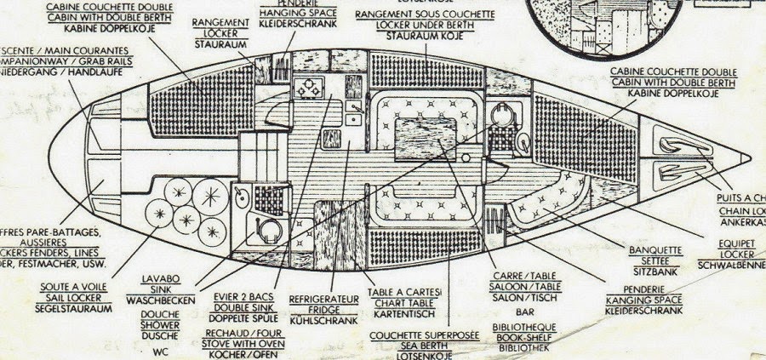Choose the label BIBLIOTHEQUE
(x=524, y=327)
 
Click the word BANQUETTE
(x=655, y=250)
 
